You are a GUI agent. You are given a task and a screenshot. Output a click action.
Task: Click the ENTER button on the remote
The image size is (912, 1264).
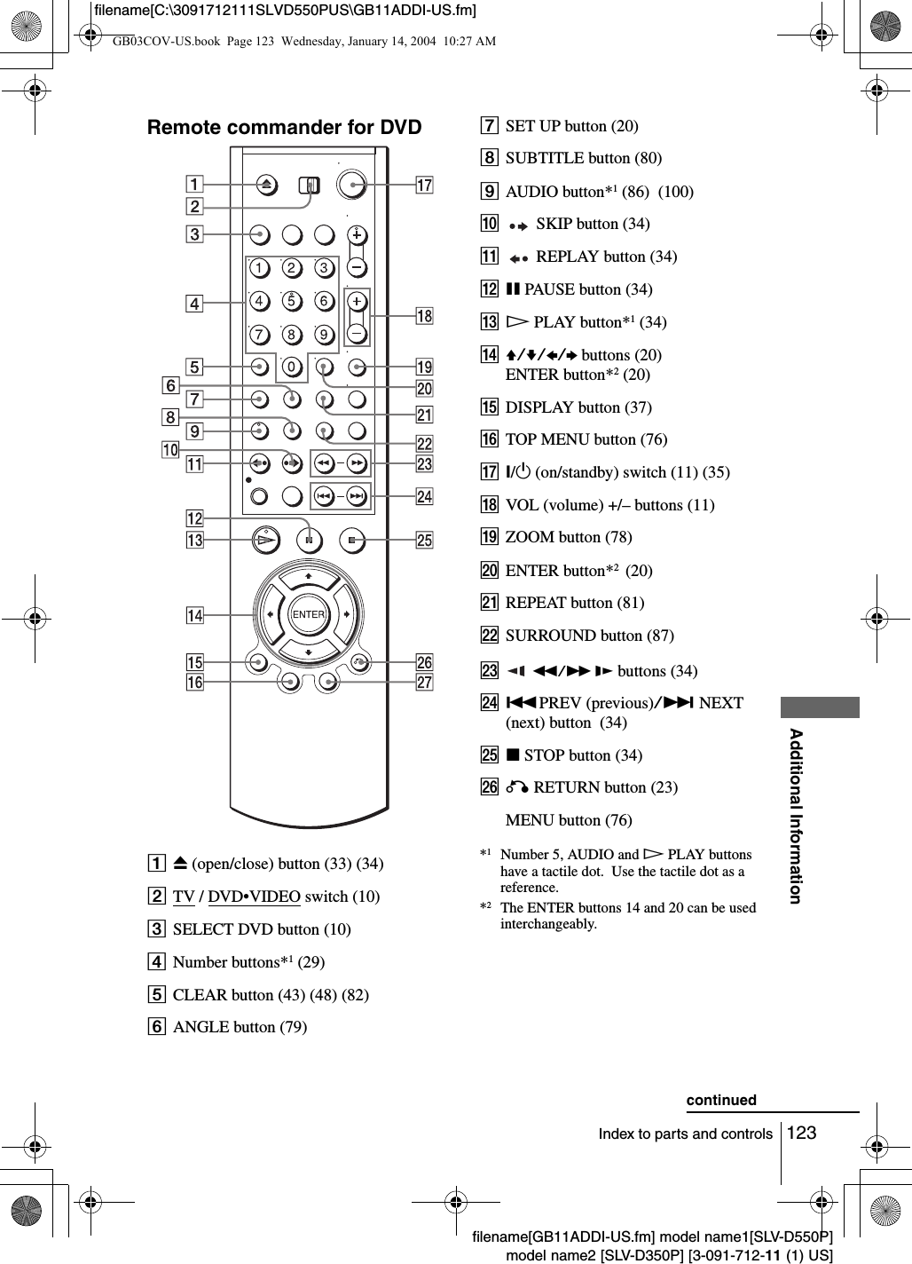[x=308, y=614]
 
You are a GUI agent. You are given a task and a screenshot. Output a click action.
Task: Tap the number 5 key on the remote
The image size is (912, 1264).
[x=291, y=301]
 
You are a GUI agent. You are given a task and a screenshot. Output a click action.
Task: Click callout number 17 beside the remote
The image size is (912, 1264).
[x=425, y=185]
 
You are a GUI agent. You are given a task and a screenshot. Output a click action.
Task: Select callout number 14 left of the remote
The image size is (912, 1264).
[x=194, y=614]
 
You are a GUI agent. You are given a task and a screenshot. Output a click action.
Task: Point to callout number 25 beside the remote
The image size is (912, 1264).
[x=424, y=540]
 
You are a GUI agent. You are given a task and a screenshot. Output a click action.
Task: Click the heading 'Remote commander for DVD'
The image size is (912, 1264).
[x=284, y=127]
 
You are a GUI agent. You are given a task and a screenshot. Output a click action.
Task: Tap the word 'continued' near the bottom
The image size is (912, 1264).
[x=721, y=1100]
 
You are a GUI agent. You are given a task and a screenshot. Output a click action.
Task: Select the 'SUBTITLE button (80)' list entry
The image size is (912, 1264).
[x=583, y=158]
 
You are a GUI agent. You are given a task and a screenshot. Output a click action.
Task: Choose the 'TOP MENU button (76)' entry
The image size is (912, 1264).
[x=586, y=439]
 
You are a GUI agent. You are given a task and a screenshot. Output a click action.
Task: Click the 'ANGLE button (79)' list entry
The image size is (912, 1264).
[x=240, y=1027]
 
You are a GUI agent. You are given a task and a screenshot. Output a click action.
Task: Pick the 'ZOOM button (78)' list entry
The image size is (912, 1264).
[x=569, y=537]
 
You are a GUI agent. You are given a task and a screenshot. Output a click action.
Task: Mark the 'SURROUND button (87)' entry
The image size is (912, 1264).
[x=589, y=636]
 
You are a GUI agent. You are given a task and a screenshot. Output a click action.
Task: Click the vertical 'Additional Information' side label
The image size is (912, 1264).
[x=796, y=815]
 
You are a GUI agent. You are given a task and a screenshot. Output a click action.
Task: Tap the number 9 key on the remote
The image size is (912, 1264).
[x=324, y=335]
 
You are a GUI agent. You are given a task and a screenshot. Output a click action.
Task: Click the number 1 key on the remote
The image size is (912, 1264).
[x=258, y=268]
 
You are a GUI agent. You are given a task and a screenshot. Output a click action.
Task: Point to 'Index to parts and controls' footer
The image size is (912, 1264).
[x=686, y=1134]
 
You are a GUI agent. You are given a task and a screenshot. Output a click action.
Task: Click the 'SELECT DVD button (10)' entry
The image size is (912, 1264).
[x=261, y=929]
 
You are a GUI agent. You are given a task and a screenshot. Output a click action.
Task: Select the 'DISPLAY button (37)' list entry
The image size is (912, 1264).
[x=578, y=407]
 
